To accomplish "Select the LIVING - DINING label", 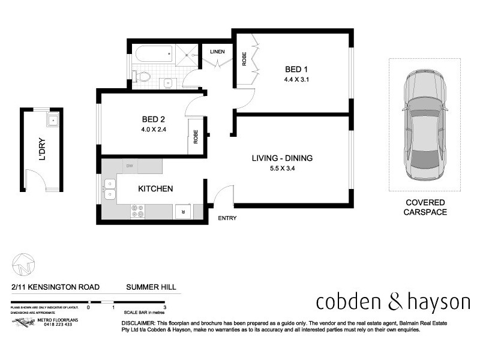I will coord(282,158).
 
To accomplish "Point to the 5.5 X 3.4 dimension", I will coord(282,169).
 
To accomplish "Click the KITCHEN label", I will coord(155,188).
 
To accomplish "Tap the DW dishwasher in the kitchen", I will coord(130,166).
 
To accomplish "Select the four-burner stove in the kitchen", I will coord(137,211).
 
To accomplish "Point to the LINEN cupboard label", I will coord(217,52).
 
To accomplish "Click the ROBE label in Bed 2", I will coord(196,137).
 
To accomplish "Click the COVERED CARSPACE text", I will coord(424,207).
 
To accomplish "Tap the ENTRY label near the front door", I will coord(227,218).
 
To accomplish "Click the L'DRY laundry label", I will coord(42,150).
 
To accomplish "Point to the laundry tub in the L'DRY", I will coord(53,120).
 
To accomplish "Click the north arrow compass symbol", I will coord(23,263).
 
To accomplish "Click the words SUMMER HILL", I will coord(151,287).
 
